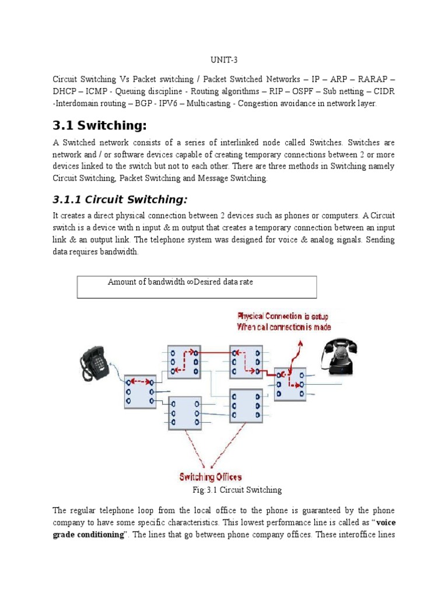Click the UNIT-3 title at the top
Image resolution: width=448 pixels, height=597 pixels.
click(x=224, y=61)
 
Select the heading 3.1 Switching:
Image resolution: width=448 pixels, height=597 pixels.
click(x=99, y=126)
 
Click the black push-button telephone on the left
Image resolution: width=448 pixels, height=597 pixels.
click(x=96, y=366)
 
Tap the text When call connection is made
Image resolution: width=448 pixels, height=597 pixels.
click(x=283, y=327)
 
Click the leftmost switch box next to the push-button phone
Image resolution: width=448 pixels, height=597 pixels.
click(x=139, y=391)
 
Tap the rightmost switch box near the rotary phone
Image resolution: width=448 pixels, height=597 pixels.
click(x=290, y=384)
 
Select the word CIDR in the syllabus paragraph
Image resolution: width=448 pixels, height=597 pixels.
click(x=383, y=91)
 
